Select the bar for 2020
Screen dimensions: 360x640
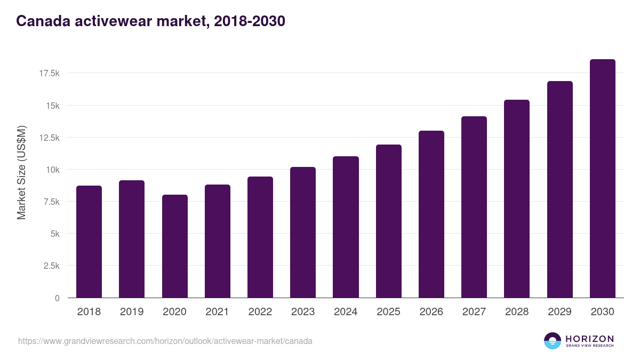[174, 246]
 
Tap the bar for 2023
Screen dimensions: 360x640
[303, 233]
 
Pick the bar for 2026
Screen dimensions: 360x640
[431, 214]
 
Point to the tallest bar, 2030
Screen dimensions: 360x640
[602, 179]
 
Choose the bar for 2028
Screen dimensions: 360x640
[517, 199]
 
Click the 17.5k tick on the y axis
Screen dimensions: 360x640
[49, 73]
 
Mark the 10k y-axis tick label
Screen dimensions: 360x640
[52, 170]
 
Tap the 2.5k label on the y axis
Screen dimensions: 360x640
[51, 266]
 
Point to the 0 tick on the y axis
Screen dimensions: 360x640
[57, 298]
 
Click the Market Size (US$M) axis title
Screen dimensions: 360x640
[21, 172]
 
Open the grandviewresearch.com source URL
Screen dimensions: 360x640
[165, 341]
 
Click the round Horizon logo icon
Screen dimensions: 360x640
[553, 341]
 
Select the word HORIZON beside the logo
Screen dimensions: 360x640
[589, 339]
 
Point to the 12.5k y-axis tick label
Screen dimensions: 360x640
[49, 138]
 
